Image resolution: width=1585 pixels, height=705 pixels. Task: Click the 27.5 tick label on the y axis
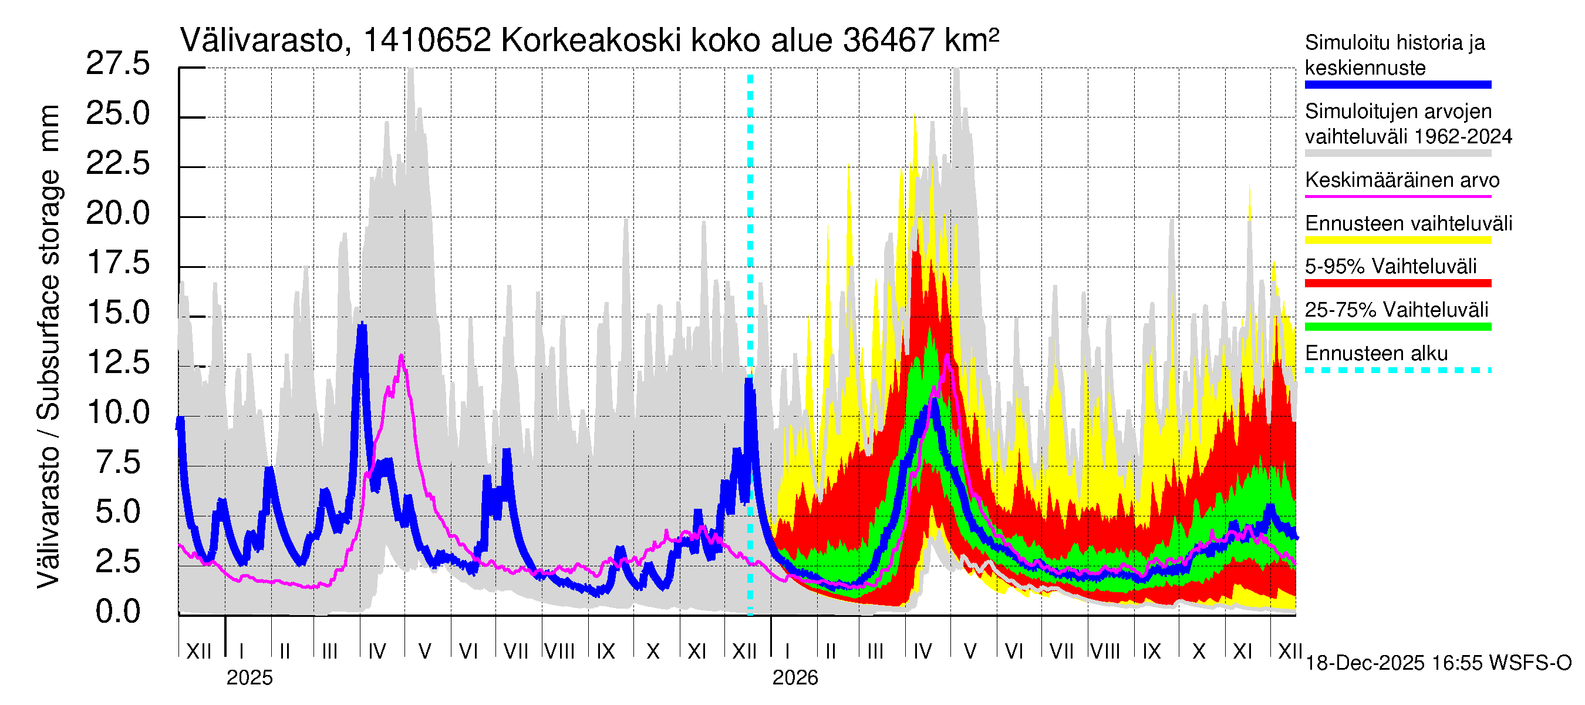117,64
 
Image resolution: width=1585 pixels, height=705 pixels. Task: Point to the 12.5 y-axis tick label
117,362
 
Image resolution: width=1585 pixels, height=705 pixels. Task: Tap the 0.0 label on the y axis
117,612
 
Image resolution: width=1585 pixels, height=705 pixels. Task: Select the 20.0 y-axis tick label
117,214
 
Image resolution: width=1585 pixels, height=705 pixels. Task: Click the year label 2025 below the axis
249,678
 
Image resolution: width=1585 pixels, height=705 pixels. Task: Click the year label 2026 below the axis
795,678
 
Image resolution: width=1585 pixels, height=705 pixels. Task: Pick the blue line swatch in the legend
1397,85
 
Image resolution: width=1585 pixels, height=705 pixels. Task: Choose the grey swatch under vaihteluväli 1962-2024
1397,153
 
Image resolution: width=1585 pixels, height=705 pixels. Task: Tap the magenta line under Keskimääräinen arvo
1397,196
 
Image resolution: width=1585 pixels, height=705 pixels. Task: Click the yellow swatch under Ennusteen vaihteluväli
1397,240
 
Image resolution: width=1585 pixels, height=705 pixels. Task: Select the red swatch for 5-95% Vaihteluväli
1397,283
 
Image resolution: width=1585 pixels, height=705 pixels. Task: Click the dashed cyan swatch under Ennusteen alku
1397,370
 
